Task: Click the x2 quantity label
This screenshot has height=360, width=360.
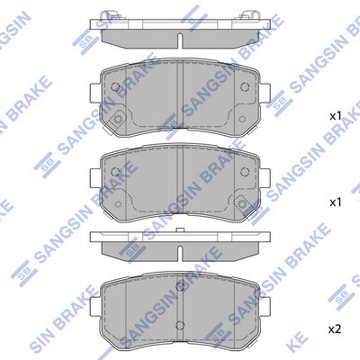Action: [336, 330]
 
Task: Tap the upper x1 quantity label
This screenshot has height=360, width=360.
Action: [336, 116]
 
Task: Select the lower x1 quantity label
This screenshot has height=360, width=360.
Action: [336, 202]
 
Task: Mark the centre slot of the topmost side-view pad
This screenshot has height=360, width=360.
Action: [180, 40]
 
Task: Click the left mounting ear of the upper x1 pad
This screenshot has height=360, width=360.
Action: [95, 94]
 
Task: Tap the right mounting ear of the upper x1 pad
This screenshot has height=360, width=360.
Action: [265, 94]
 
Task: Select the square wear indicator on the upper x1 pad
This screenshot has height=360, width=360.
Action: [117, 119]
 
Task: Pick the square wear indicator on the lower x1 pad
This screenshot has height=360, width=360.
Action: [241, 204]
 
